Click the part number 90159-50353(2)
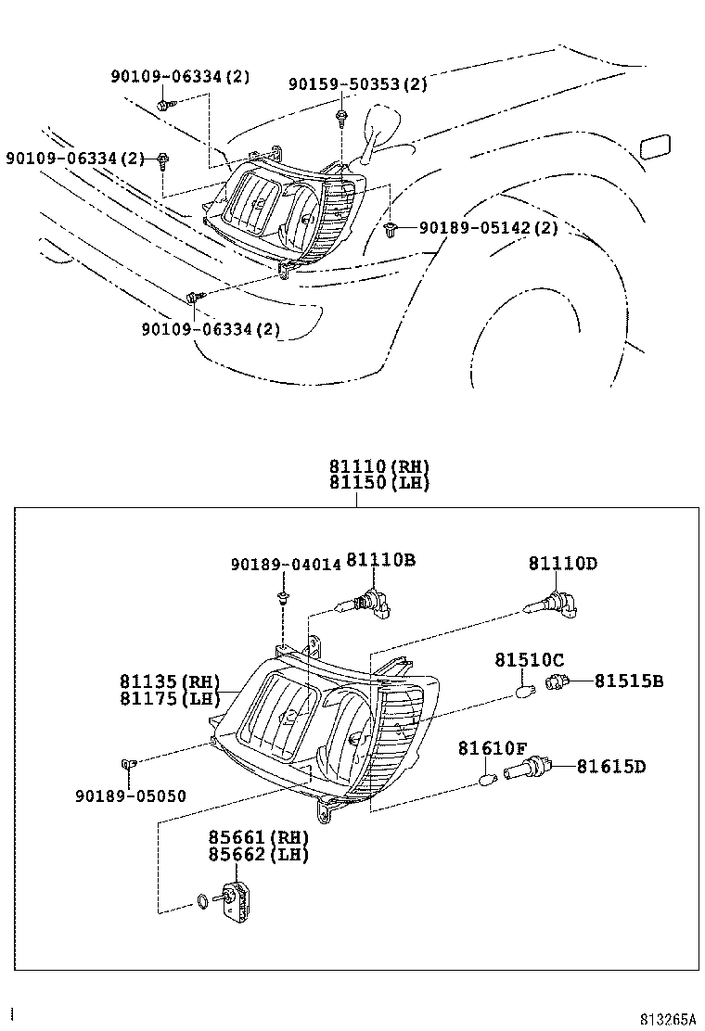(357, 84)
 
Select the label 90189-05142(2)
(488, 227)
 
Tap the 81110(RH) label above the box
(378, 466)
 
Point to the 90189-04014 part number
(286, 565)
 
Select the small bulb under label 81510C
(524, 691)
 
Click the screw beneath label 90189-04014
(282, 597)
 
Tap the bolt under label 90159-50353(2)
(342, 116)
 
